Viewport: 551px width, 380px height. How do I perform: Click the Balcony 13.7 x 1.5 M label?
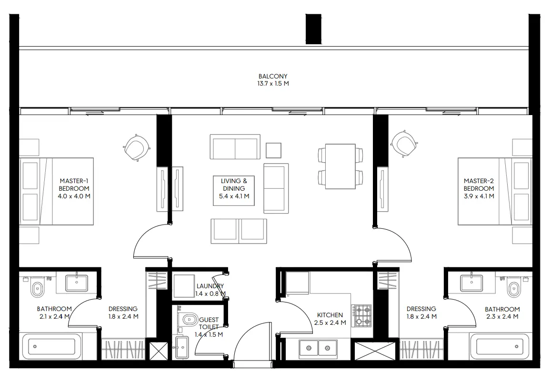click(x=273, y=79)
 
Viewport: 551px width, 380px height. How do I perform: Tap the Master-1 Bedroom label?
click(x=74, y=188)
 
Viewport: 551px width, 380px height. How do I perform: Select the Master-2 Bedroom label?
click(x=479, y=188)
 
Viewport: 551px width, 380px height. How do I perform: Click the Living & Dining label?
click(x=234, y=188)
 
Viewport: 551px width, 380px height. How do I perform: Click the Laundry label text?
click(x=210, y=286)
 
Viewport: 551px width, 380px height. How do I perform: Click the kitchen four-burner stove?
click(x=362, y=315)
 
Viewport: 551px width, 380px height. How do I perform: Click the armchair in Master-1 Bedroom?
click(x=137, y=147)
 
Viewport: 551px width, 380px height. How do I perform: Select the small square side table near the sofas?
click(x=273, y=150)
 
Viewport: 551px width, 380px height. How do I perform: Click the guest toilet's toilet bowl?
click(x=190, y=319)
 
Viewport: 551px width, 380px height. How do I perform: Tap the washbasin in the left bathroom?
click(x=77, y=283)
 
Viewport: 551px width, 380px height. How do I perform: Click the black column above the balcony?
click(x=313, y=29)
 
